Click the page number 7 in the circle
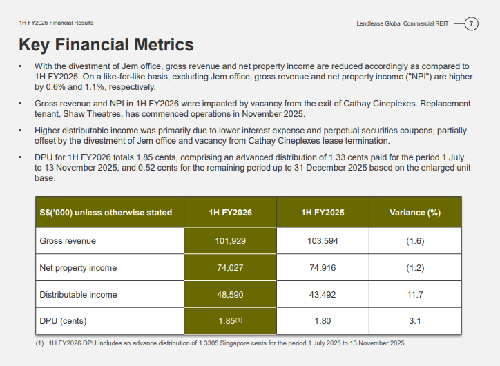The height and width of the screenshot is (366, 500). pyautogui.click(x=471, y=23)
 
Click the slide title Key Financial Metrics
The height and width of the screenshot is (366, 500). pyautogui.click(x=106, y=45)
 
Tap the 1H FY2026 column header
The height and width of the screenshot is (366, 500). pyautogui.click(x=230, y=213)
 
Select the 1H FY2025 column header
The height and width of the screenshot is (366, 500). pyautogui.click(x=323, y=213)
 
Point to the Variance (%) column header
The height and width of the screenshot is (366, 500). pyautogui.click(x=415, y=213)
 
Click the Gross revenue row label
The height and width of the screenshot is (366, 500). pyautogui.click(x=68, y=241)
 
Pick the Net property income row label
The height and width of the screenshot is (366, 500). pyautogui.click(x=78, y=268)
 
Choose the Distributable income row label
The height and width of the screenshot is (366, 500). pyautogui.click(x=78, y=295)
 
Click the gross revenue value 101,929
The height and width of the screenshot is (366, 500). pyautogui.click(x=230, y=241)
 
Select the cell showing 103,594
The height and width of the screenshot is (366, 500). pyautogui.click(x=323, y=241)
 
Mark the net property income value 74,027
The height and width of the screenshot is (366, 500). pyautogui.click(x=230, y=268)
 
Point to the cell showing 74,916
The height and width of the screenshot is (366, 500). pyautogui.click(x=323, y=268)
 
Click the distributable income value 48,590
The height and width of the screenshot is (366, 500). pyautogui.click(x=230, y=295)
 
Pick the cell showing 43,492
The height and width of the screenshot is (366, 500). pyautogui.click(x=323, y=295)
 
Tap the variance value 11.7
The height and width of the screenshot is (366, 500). pyautogui.click(x=415, y=295)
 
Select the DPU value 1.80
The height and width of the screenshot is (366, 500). pyautogui.click(x=323, y=320)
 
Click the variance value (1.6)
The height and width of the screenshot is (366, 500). pyautogui.click(x=415, y=241)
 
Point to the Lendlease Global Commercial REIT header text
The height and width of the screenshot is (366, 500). pyautogui.click(x=402, y=23)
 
